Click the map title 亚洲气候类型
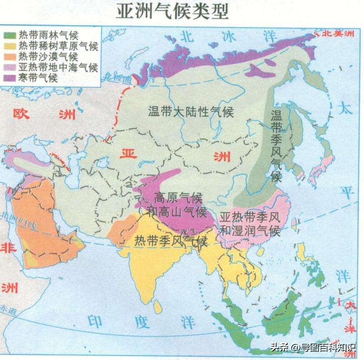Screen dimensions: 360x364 (172, 11)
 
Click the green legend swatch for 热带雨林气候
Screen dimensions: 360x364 (10, 35)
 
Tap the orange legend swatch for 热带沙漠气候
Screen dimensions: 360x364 (10, 56)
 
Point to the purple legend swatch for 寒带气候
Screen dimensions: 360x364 (10, 78)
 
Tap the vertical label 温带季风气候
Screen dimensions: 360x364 (276, 145)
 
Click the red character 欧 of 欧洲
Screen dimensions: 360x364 (21, 113)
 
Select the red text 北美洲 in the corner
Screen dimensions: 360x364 (339, 33)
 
